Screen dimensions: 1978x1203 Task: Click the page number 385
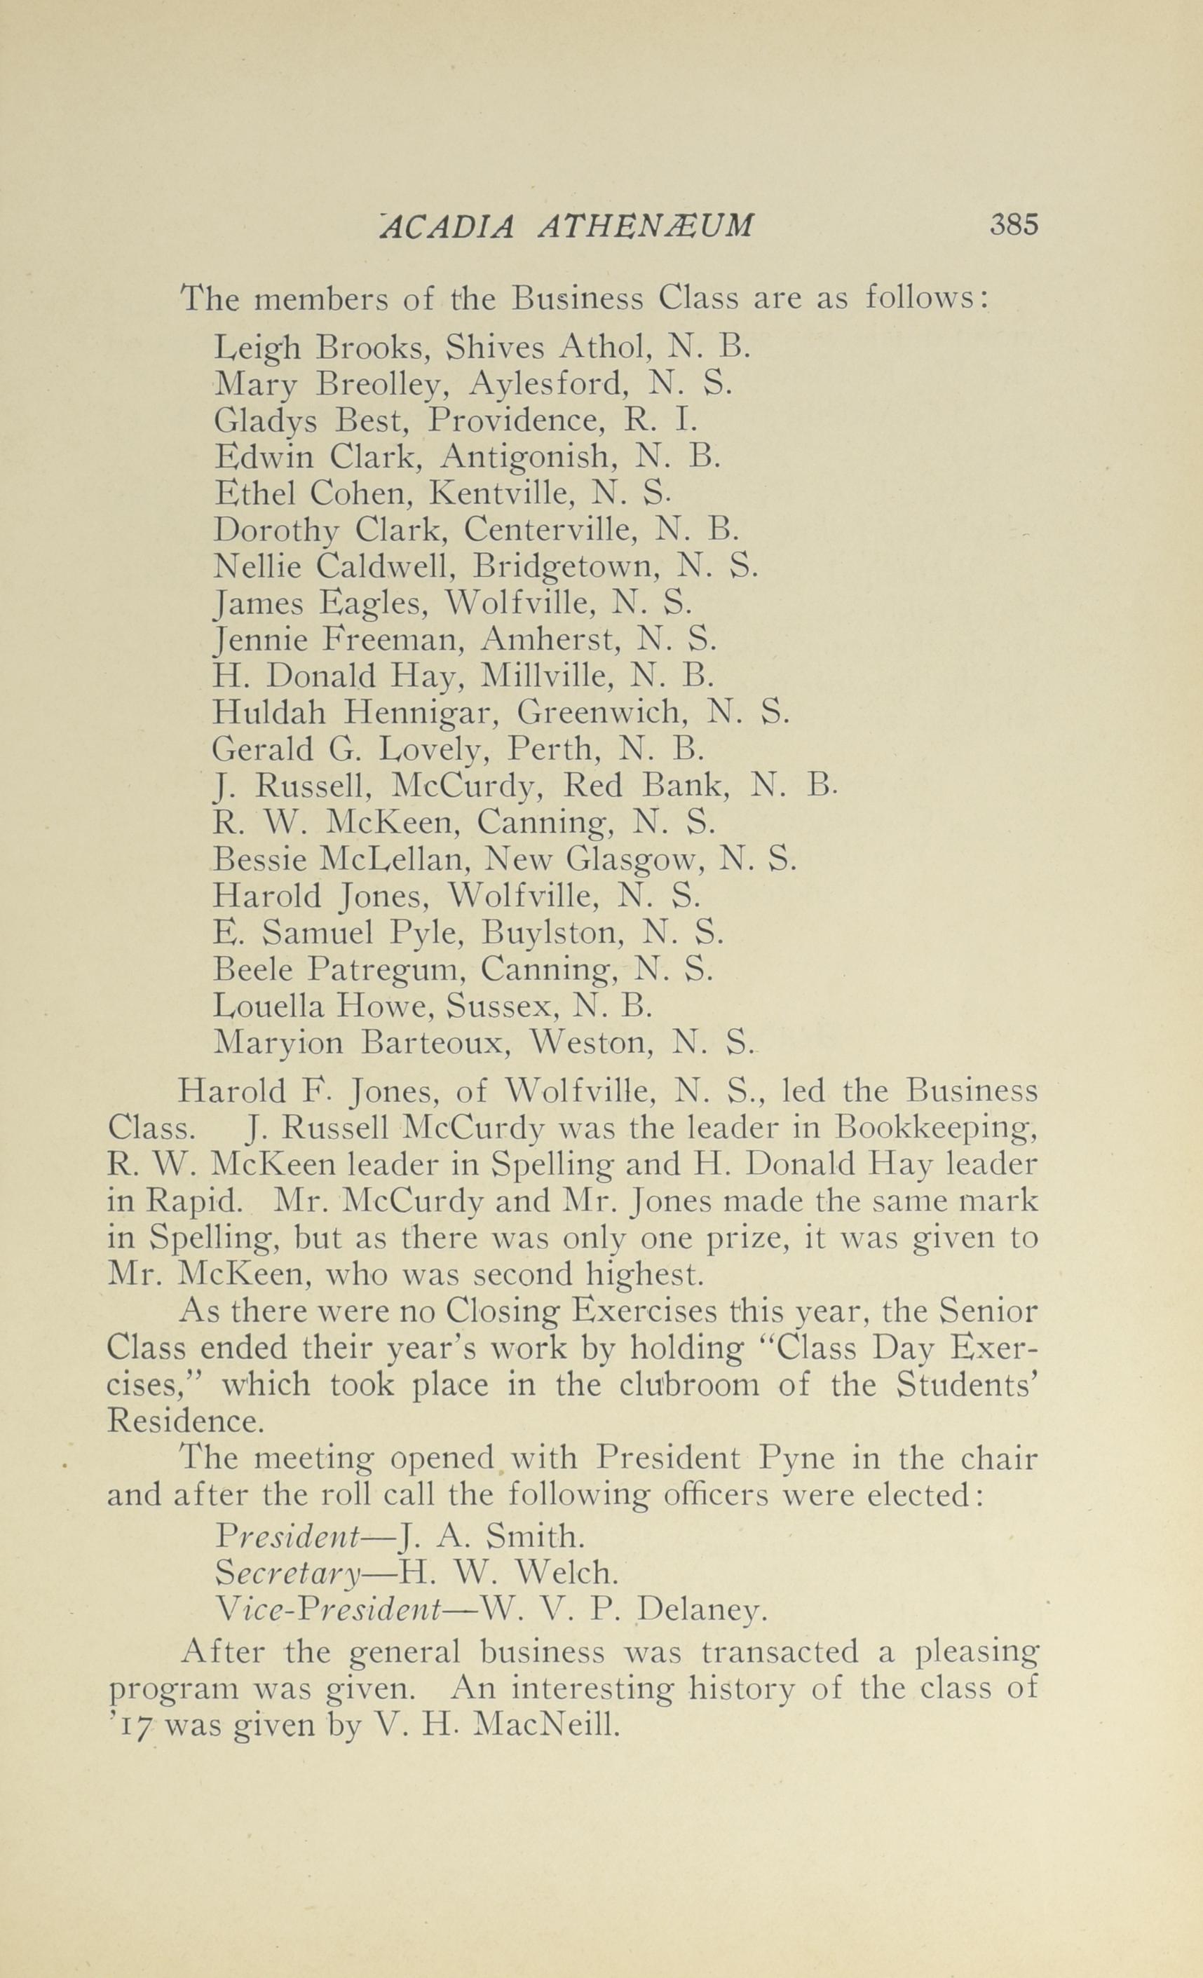click(1014, 225)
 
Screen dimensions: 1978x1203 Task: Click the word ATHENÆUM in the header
click(645, 226)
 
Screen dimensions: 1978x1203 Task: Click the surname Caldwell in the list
click(386, 568)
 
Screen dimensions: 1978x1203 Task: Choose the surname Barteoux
click(435, 1043)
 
